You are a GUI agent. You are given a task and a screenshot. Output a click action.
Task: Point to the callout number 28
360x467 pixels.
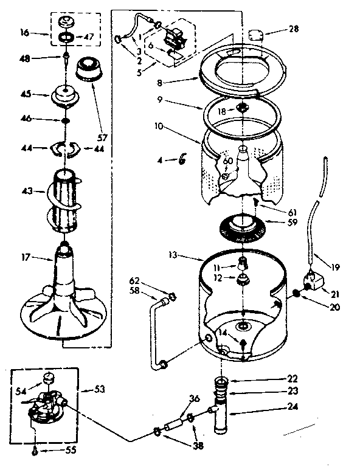click(x=293, y=29)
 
